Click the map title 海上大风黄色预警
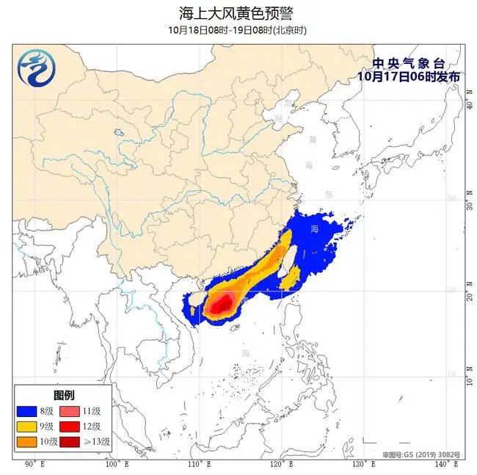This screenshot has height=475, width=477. coord(238,13)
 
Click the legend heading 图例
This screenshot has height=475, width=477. coord(63,395)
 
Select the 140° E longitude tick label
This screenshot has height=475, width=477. coord(440,465)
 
